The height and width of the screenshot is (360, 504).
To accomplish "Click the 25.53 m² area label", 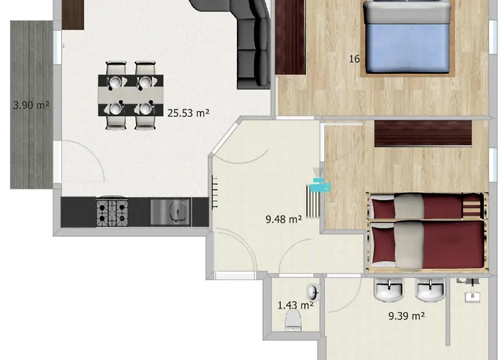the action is tap(189, 113).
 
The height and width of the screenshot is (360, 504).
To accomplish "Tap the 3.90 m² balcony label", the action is tap(31, 105).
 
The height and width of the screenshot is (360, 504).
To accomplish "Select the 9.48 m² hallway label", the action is tap(284, 219).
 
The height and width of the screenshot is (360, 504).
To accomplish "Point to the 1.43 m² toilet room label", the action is tap(295, 305).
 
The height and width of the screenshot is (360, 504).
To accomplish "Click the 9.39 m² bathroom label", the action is tap(407, 316).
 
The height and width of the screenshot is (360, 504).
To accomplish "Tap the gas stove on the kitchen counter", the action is tap(112, 212).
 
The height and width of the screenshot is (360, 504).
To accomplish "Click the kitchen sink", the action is tap(171, 212).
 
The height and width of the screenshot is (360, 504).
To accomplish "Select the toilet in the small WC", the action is tap(293, 320).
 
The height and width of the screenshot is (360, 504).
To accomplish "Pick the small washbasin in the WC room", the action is tap(312, 292).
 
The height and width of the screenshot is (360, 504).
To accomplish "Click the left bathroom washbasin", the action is tap(389, 289).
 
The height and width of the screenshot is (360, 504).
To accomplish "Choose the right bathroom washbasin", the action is tap(430, 289).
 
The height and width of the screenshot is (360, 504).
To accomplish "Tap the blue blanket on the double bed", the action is tap(408, 48).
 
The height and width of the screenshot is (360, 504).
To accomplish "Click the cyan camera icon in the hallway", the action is tap(321, 186).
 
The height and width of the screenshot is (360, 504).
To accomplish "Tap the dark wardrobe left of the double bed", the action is tap(290, 37).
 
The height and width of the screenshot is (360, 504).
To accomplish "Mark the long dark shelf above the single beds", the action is tap(423, 133).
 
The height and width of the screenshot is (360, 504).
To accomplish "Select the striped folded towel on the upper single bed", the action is tap(472, 205).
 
